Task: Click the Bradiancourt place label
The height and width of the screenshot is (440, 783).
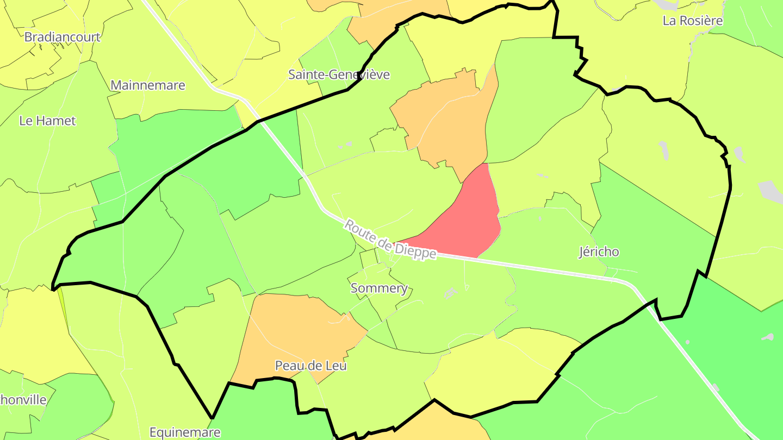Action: tap(63, 37)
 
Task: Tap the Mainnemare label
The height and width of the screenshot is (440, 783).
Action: tap(148, 85)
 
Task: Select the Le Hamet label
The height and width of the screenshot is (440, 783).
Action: tap(47, 121)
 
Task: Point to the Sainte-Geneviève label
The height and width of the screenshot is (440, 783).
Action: tap(339, 74)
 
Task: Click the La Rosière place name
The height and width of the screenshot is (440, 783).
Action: tap(693, 21)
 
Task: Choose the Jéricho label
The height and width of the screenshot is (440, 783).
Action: tap(599, 252)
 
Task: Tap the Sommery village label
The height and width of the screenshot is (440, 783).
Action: tap(379, 288)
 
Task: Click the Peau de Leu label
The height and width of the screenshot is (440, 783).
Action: tap(311, 366)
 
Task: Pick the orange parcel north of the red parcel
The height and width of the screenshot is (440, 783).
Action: tap(446, 120)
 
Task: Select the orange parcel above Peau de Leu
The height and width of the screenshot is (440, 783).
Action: tap(299, 331)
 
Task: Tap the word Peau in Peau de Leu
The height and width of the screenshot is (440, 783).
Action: tap(287, 366)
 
